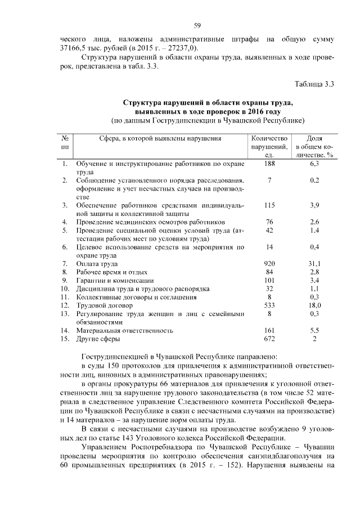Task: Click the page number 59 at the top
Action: point(197,25)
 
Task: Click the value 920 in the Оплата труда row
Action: point(270,263)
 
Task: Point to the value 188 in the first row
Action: point(270,164)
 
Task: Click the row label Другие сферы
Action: point(100,339)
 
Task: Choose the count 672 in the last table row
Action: point(270,339)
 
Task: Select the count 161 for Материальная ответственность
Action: point(270,331)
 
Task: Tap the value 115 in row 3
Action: point(270,205)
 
